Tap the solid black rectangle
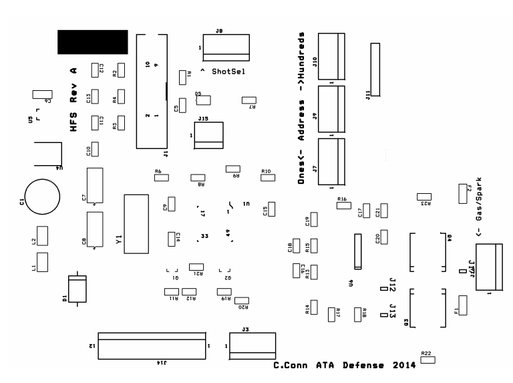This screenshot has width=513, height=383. [92, 41]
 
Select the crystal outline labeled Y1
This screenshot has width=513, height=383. [136, 223]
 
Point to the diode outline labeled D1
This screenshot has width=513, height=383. [78, 289]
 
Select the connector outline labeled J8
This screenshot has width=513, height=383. [226, 47]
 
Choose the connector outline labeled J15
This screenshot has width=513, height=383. [209, 136]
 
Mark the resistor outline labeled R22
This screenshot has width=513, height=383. [427, 360]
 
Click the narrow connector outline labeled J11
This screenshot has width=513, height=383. [375, 70]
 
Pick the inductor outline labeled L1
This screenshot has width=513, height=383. [43, 262]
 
